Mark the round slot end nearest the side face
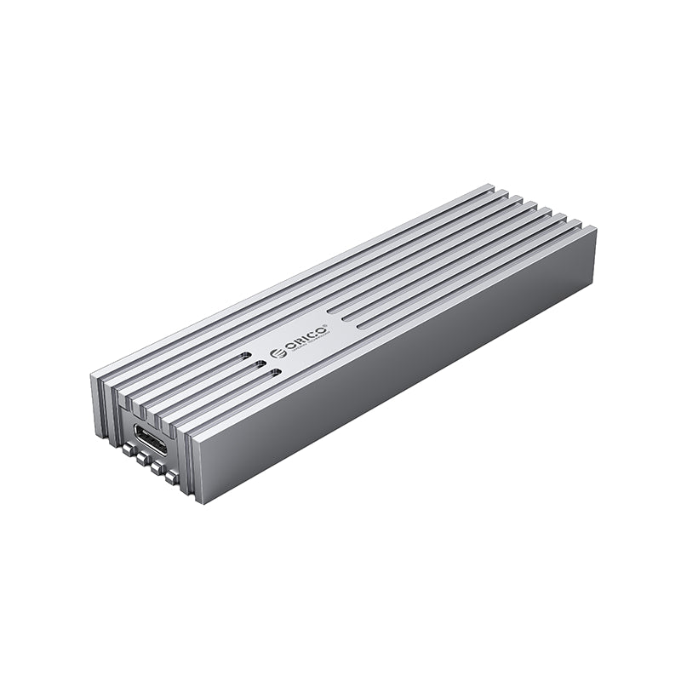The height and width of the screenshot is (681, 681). pyautogui.click(x=274, y=372)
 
